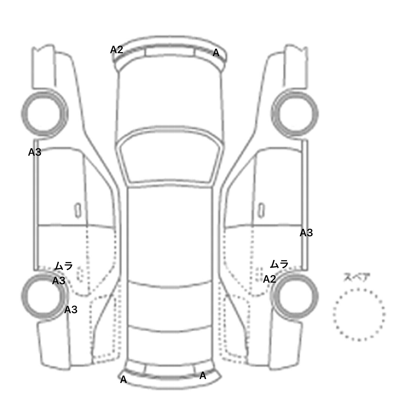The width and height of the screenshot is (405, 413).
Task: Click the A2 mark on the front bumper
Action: (117, 50)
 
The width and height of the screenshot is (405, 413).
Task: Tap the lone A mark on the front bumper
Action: (216, 53)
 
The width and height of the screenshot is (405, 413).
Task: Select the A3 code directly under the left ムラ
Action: (59, 281)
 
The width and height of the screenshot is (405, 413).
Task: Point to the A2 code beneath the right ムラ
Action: (269, 279)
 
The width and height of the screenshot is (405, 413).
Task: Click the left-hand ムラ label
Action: (64, 266)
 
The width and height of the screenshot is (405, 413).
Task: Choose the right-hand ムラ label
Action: (279, 264)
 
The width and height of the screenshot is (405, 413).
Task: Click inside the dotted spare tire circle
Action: (359, 314)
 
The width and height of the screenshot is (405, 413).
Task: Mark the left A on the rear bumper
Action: (123, 380)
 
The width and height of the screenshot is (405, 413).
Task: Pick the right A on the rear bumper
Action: (203, 376)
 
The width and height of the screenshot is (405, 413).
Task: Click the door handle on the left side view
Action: (78, 210)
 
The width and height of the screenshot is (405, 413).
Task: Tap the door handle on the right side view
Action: (261, 210)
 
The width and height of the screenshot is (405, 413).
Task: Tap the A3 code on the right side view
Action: (306, 233)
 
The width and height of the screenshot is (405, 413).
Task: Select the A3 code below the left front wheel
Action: (35, 152)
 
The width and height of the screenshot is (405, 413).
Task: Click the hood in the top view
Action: (170, 97)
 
